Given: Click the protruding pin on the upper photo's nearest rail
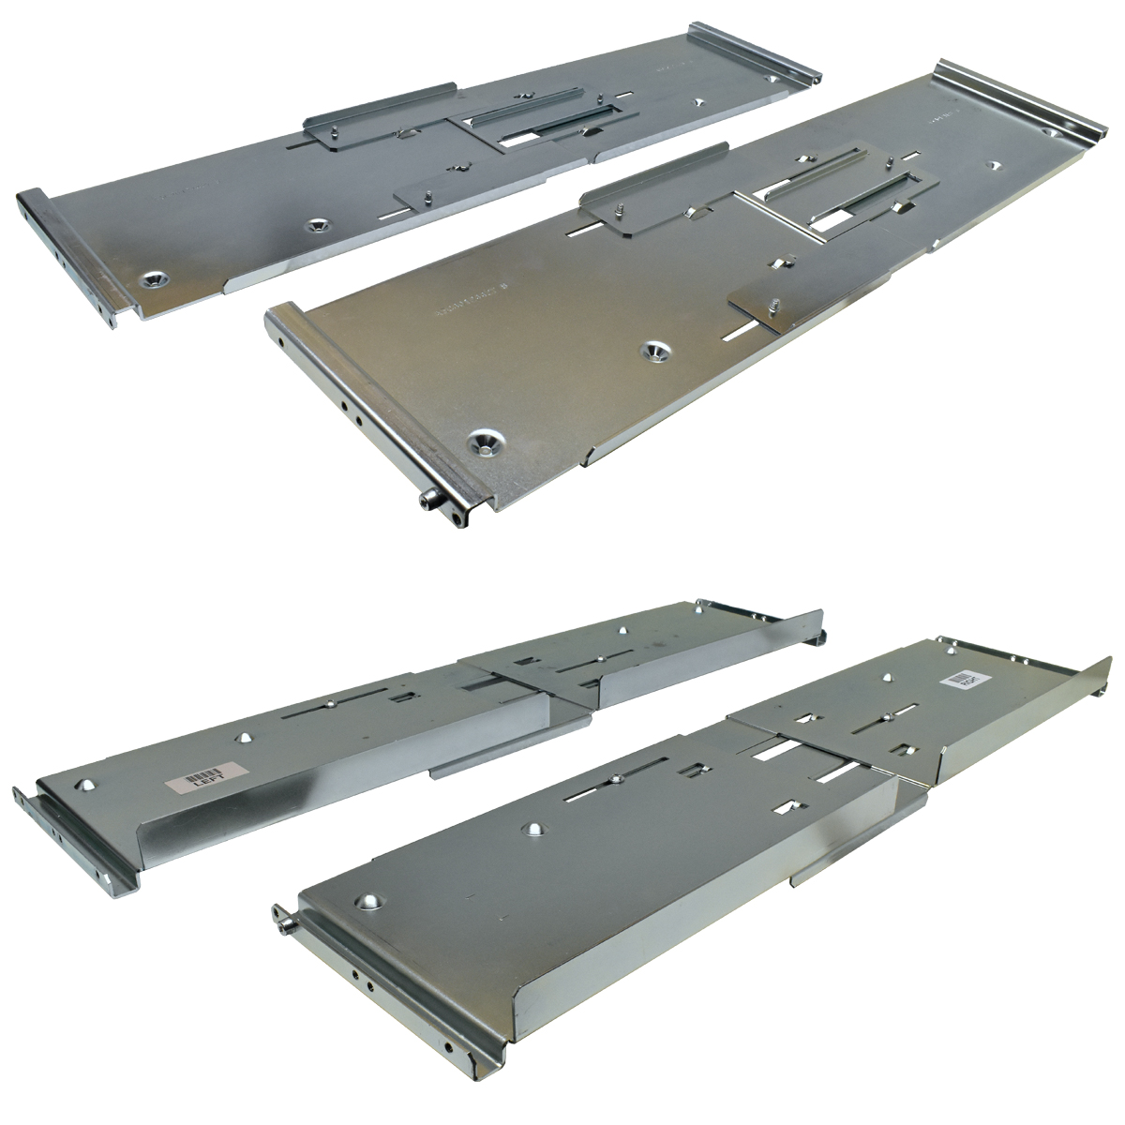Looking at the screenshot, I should tap(428, 504).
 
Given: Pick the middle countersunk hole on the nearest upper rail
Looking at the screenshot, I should tap(654, 352).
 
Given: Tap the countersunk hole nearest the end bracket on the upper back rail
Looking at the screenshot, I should tap(152, 278).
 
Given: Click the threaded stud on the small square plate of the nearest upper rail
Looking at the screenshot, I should tap(773, 305).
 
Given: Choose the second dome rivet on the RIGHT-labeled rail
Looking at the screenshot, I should tap(535, 828).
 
